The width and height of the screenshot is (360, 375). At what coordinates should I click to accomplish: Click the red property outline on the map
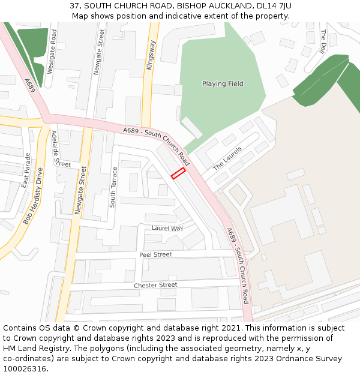click(x=178, y=173)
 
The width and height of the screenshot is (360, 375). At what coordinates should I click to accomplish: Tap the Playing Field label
click(x=223, y=84)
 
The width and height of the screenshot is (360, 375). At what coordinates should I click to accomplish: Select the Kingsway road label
click(x=151, y=55)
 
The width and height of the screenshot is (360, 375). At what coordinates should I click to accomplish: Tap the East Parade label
click(x=26, y=170)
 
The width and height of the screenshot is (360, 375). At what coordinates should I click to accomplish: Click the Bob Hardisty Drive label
click(x=34, y=196)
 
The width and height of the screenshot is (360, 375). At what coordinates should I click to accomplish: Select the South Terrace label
click(x=113, y=187)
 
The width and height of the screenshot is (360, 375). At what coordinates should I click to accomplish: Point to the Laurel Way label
click(x=167, y=229)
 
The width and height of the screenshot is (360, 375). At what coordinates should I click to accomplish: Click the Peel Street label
click(x=155, y=254)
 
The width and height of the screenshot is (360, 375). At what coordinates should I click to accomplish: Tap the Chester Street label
click(x=155, y=285)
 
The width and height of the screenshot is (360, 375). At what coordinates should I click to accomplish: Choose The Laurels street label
click(x=227, y=157)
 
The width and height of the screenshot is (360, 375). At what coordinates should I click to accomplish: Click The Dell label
click(x=323, y=42)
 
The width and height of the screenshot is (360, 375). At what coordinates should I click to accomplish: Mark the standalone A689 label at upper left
click(x=31, y=85)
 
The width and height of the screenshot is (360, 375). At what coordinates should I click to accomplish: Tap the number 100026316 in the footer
click(x=25, y=369)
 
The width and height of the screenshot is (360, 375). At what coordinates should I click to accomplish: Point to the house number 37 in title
click(x=74, y=5)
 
